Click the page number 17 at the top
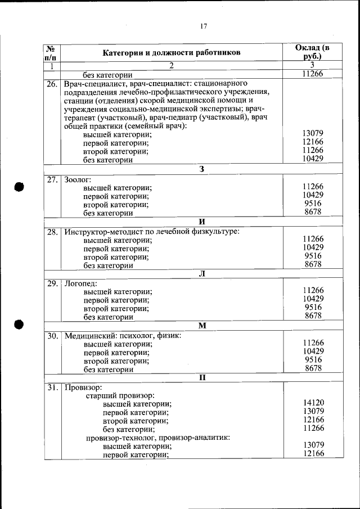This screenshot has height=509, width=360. (203, 26)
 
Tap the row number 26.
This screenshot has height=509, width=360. (52, 84)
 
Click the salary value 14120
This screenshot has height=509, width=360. (313, 403)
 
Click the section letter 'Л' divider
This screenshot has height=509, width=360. (201, 273)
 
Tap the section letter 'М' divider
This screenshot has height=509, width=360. (201, 326)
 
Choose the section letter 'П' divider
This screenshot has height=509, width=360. (201, 377)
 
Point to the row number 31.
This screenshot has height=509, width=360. (52, 388)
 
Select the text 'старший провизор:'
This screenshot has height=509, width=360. (120, 396)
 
